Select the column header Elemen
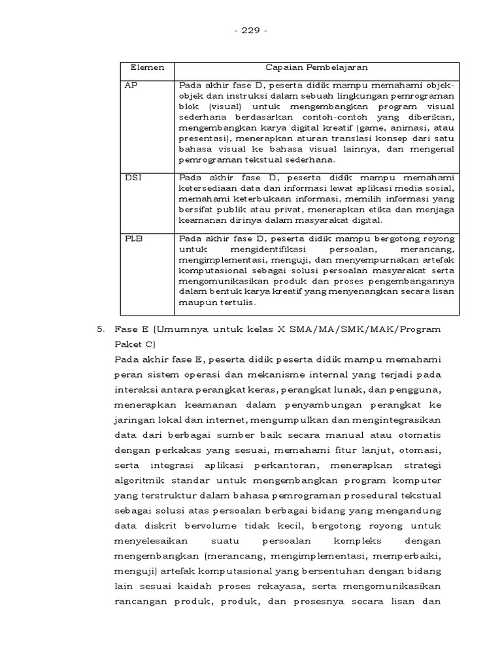[148, 68]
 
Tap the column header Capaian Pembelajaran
[316, 68]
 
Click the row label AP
[131, 86]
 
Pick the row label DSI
[132, 177]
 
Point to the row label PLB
[133, 239]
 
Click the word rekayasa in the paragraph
[304, 587]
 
